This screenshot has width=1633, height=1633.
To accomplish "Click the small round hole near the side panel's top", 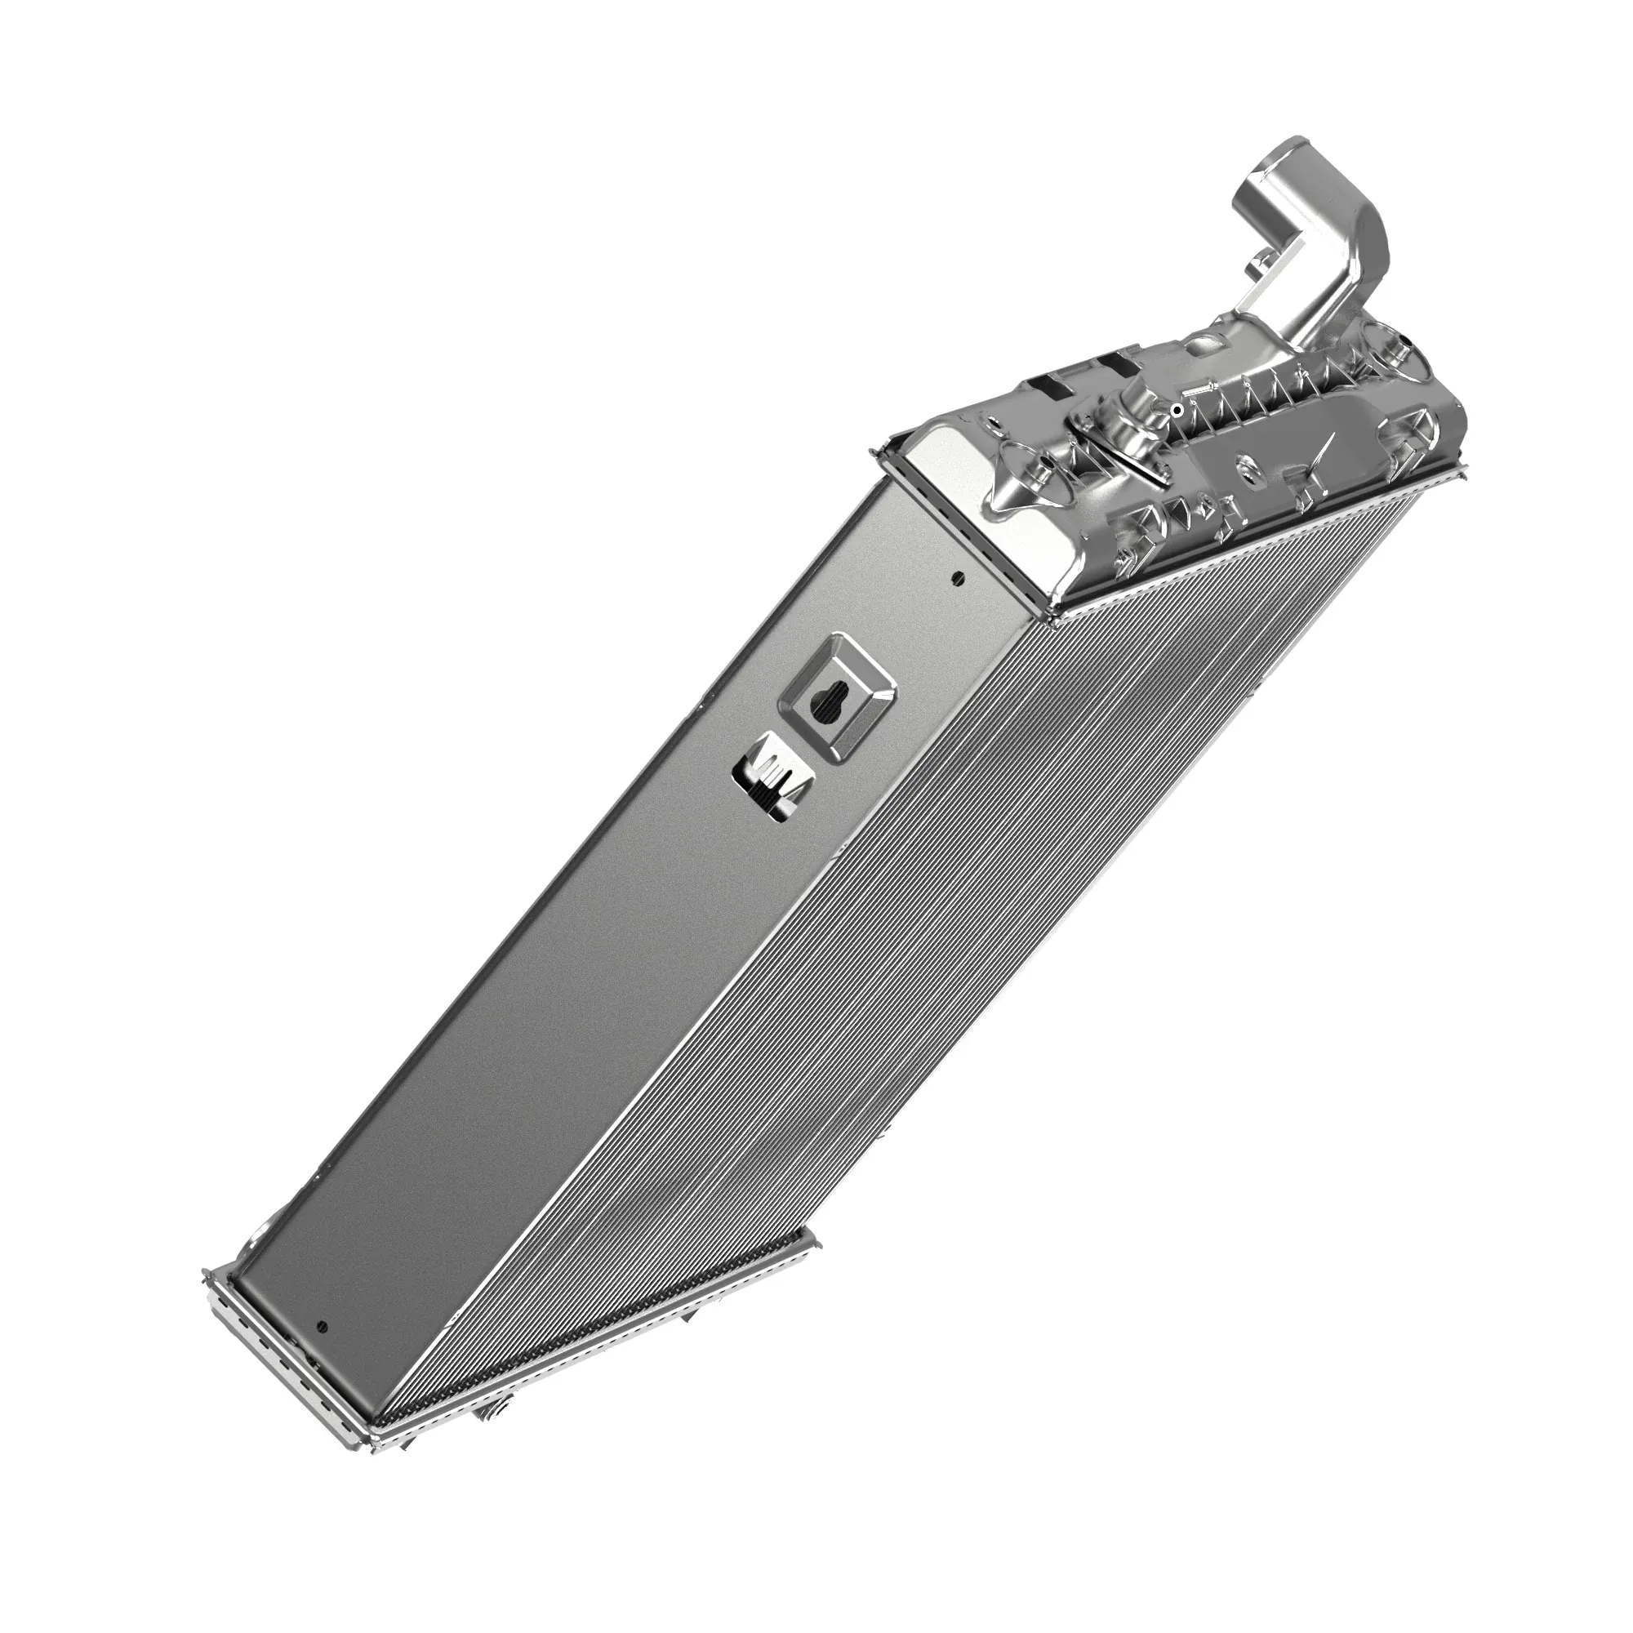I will [x=957, y=579].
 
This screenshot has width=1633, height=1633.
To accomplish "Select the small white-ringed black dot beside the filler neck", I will [x=1177, y=410].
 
